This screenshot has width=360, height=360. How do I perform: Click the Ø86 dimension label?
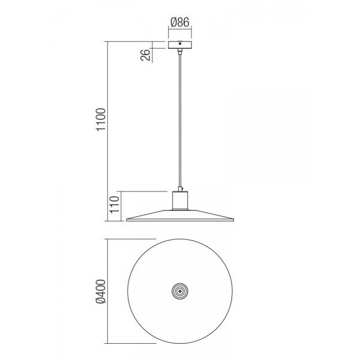coord(180,23)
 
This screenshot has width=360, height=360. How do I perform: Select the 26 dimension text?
coord(145,55)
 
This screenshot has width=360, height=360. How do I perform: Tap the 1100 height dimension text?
coord(101,119)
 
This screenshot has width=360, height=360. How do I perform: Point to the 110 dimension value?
coord(115,205)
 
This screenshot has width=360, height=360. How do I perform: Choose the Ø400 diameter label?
coord(101,292)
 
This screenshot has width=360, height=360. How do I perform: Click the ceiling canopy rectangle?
coord(180,45)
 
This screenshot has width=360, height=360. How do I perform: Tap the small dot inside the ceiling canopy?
coord(180,43)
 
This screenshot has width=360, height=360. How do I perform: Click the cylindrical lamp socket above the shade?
coord(180,200)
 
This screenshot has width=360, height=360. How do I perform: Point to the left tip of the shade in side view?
coord(127,220)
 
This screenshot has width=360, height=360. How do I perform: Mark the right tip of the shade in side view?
coord(233,220)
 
